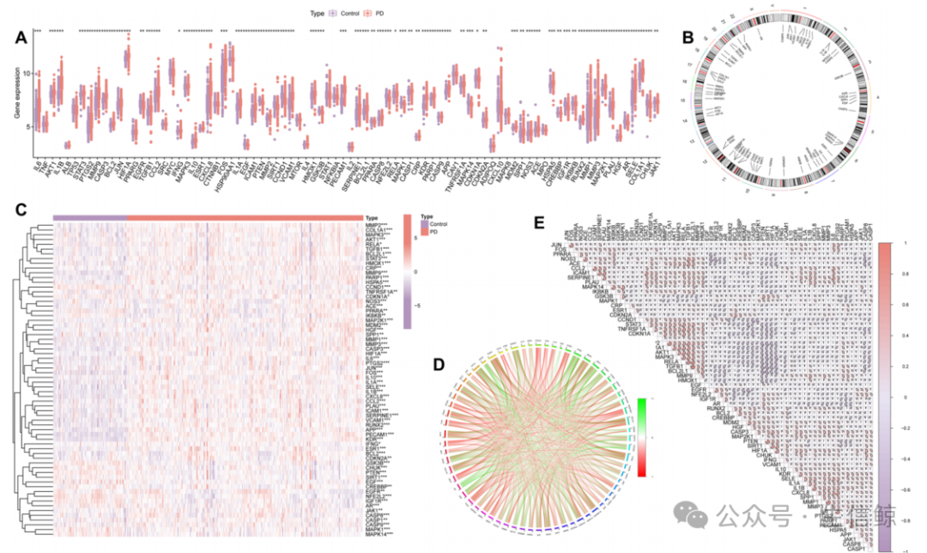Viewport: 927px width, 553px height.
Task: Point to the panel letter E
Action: (x=538, y=222)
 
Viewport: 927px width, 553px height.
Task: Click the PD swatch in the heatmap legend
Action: (x=422, y=233)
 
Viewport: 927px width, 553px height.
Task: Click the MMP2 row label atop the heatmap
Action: (x=376, y=225)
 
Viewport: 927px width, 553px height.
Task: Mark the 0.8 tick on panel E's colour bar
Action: (x=887, y=274)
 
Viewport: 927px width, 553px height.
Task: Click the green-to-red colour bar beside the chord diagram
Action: (x=642, y=436)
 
